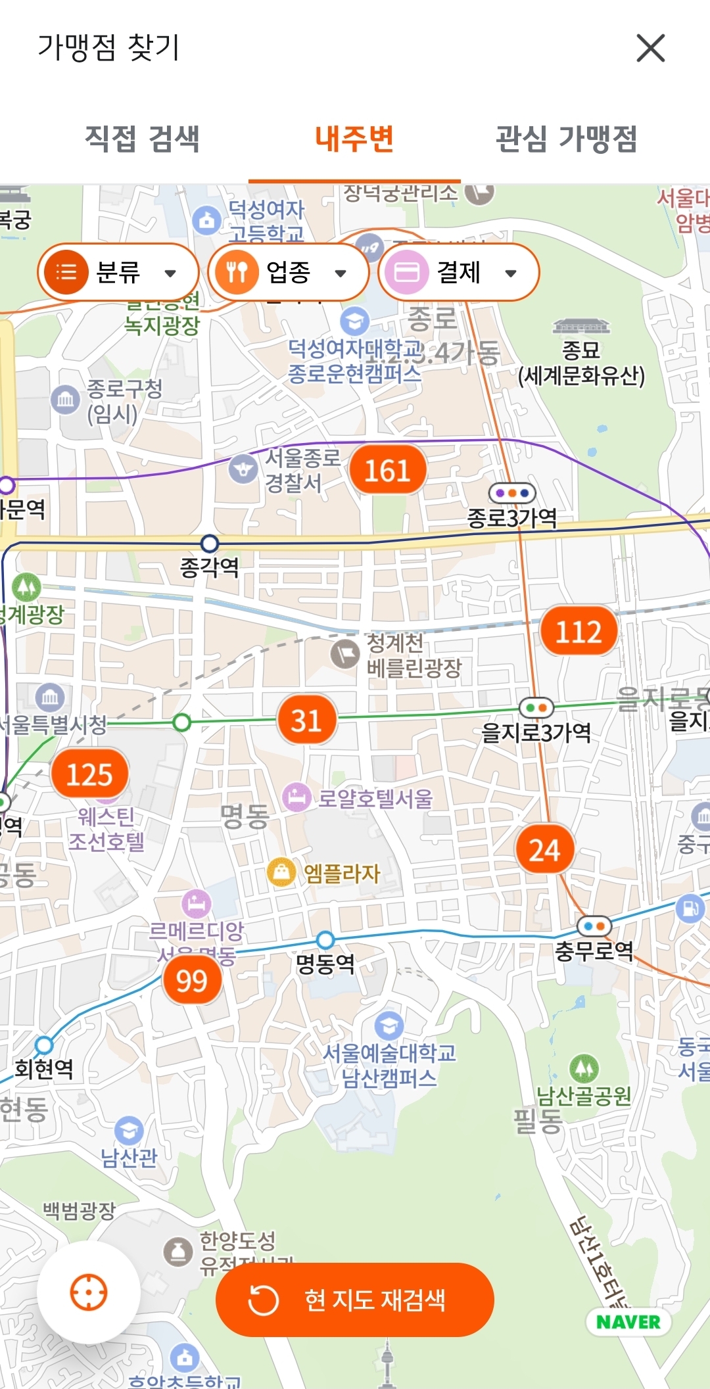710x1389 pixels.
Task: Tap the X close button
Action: (x=650, y=48)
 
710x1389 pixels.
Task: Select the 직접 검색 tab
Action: (x=142, y=139)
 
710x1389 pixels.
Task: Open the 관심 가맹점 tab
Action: (x=566, y=139)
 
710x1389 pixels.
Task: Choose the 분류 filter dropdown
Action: (x=118, y=272)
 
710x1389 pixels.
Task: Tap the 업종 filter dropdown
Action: (x=288, y=272)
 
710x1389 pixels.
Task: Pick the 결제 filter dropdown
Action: (x=458, y=272)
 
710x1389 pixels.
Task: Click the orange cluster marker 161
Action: (x=388, y=471)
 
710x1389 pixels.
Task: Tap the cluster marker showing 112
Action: (x=579, y=632)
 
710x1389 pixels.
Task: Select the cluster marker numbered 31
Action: (x=306, y=720)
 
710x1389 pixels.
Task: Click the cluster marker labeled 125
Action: (x=89, y=774)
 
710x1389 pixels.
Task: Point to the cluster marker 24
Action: (x=544, y=850)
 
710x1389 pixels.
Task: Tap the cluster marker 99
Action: (x=192, y=981)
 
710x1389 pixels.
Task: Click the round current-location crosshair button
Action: (x=89, y=1292)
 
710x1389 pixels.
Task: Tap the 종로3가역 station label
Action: (x=512, y=518)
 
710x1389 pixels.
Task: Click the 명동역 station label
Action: (x=325, y=964)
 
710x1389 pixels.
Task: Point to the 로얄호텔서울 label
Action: (x=375, y=799)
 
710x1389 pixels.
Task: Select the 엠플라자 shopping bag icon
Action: (x=281, y=872)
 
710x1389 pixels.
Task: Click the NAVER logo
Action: (x=628, y=1322)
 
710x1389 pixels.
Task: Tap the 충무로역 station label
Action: (x=594, y=951)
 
